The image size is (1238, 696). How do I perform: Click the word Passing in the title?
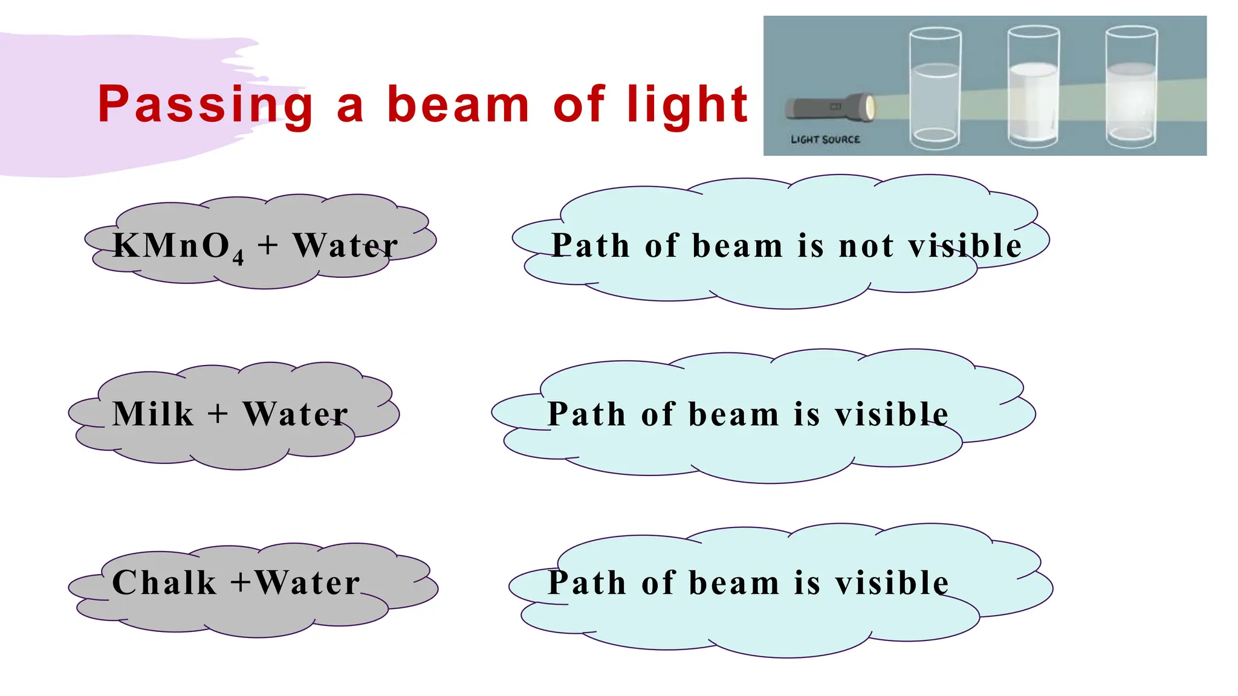(x=206, y=105)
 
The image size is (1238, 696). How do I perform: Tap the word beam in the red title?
(x=458, y=105)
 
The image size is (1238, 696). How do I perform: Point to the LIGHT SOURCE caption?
(x=825, y=140)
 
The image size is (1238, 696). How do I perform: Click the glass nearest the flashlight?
(x=935, y=88)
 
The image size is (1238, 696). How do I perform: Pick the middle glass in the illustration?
(x=1033, y=88)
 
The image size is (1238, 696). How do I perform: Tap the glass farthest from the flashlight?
(x=1131, y=88)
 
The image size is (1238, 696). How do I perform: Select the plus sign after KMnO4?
(x=268, y=246)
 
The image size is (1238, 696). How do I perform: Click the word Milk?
(x=153, y=414)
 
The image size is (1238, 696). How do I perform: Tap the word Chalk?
(x=164, y=583)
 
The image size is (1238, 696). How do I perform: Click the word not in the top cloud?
(x=866, y=246)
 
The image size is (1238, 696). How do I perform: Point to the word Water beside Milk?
(x=296, y=414)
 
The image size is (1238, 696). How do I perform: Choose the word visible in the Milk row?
(x=892, y=414)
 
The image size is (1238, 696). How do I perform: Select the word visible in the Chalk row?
(x=892, y=583)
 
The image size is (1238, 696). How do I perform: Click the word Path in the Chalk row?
(x=586, y=583)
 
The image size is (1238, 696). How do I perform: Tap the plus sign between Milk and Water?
(x=218, y=414)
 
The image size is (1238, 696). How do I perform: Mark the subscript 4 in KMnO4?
(x=238, y=257)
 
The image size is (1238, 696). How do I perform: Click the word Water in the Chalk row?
(x=307, y=583)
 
